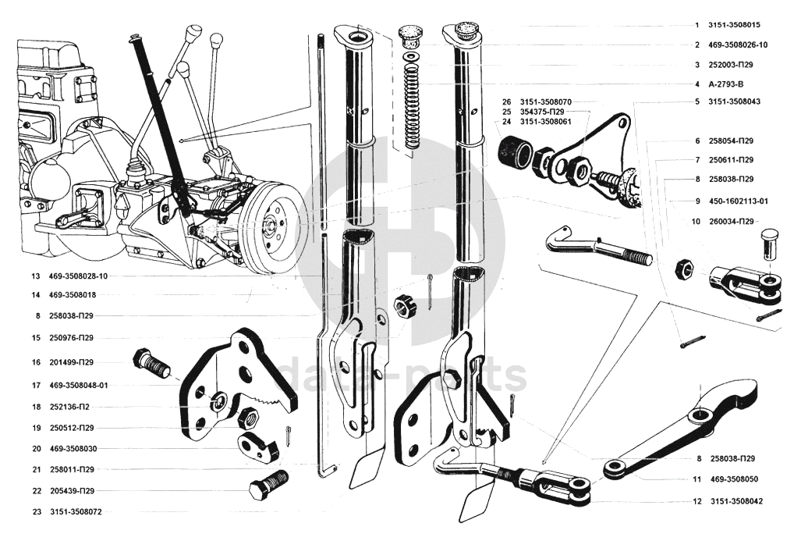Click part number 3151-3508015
735,26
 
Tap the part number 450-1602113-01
737,201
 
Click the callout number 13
34,276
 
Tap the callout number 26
506,102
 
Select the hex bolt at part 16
151,362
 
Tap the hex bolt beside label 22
268,486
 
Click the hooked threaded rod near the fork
593,245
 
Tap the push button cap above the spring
409,34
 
